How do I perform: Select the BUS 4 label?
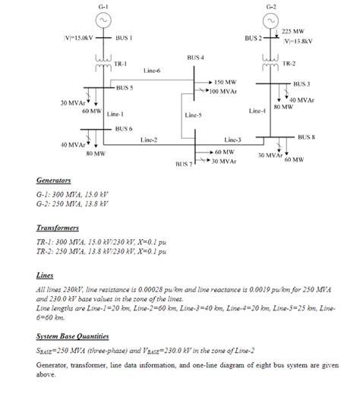[195, 57]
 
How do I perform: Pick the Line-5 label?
[193, 115]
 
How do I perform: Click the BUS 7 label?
[185, 164]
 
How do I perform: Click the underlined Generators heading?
[53, 181]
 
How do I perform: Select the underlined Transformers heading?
[57, 227]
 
